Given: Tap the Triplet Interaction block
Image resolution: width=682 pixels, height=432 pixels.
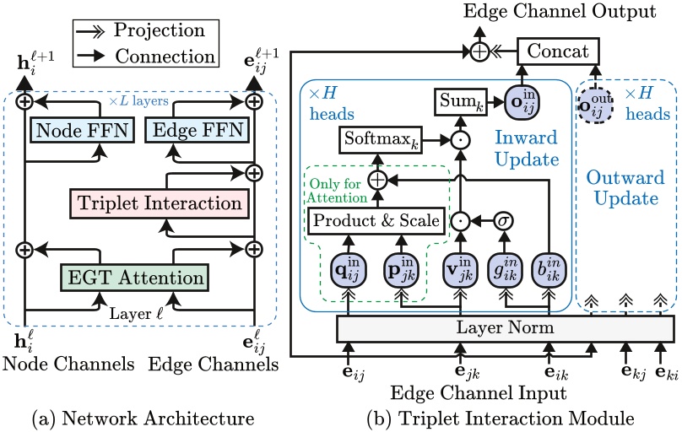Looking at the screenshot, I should click(160, 202).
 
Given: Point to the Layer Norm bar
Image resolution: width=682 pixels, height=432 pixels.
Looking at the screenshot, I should click(506, 327).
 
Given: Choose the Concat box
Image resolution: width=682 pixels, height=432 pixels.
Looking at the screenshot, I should click(558, 52).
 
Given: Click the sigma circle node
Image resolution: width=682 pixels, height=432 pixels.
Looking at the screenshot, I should click(504, 221).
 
